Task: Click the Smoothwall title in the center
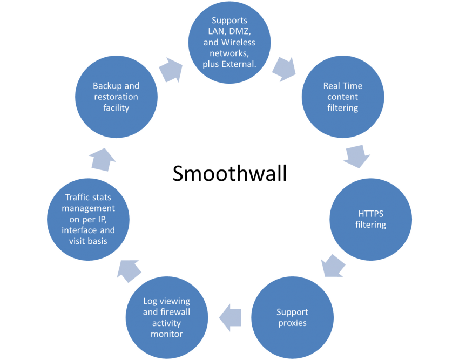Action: click(230, 173)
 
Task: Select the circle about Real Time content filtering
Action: click(343, 97)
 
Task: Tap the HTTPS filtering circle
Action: click(370, 219)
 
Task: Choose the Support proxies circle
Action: click(293, 317)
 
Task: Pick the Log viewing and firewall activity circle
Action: click(167, 317)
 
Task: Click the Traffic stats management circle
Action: click(88, 219)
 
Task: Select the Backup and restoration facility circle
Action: click(116, 97)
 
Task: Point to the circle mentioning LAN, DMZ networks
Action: click(230, 43)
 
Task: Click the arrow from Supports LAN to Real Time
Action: click(284, 70)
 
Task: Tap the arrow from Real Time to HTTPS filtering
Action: click(357, 157)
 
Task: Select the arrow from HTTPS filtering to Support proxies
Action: click(333, 266)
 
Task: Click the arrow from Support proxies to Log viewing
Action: click(231, 317)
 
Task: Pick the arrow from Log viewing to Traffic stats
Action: click(129, 271)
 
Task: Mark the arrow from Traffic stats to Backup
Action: click(102, 160)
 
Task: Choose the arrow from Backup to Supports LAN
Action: click(171, 70)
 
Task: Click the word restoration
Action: click(116, 97)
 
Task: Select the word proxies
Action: click(293, 323)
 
